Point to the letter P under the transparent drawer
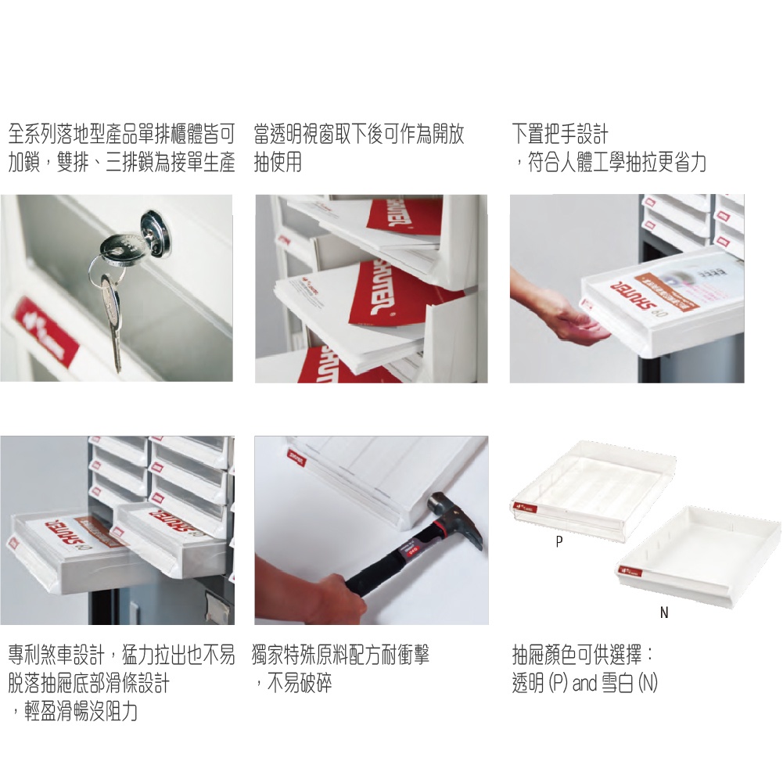[x=558, y=541]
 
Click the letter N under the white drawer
[x=664, y=613]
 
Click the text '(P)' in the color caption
[x=558, y=684]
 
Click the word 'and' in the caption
[x=584, y=684]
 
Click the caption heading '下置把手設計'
[x=560, y=134]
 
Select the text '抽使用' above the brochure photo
[x=278, y=163]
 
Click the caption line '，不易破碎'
[x=293, y=684]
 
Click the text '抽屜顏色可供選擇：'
[x=584, y=655]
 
